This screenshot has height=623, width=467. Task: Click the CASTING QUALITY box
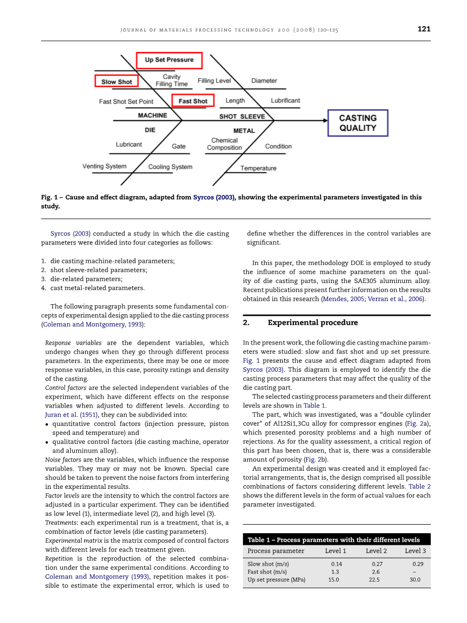point(358,123)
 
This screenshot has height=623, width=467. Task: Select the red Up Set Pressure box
point(169,60)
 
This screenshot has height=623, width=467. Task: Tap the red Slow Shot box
point(117,82)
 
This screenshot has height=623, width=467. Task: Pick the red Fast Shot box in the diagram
point(193,101)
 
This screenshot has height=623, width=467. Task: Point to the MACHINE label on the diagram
point(152,116)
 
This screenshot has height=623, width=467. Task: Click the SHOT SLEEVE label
point(242,117)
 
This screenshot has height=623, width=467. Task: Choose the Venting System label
point(105,166)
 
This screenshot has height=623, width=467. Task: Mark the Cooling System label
point(170,167)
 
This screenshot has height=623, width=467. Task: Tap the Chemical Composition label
point(225,144)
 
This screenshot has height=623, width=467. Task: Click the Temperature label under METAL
point(258,168)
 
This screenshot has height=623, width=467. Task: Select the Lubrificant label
point(285,100)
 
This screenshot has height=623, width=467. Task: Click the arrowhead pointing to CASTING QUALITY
point(325,121)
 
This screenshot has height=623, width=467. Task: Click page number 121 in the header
point(424,29)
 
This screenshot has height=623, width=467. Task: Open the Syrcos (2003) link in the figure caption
point(214,197)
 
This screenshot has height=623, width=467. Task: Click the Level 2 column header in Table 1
point(376,551)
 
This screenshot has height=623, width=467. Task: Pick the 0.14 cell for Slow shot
point(337,564)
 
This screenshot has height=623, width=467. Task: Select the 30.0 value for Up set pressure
point(414,580)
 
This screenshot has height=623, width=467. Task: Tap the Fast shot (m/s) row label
point(267,572)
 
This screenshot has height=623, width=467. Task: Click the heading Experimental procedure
point(313,323)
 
